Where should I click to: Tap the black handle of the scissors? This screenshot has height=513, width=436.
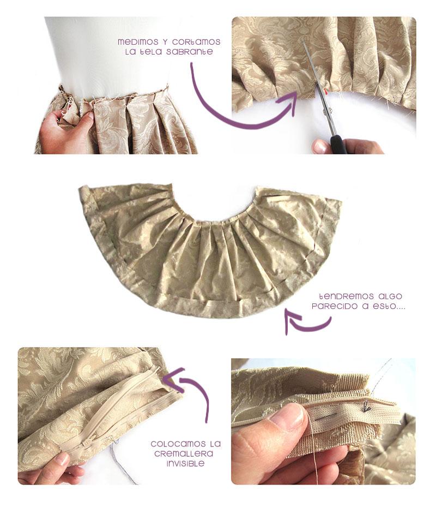[338, 145]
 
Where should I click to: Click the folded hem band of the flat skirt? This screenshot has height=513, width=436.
[218, 309]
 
